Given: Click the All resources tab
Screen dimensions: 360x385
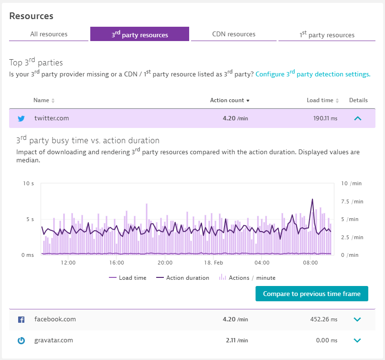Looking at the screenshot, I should click(49, 34).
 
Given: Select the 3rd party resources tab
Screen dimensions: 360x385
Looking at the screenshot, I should click(139, 34).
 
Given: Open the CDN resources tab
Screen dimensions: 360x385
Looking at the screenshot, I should click(234, 34).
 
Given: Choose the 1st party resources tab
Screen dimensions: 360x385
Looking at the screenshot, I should click(327, 34).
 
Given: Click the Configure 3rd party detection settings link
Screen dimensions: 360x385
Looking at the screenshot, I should click(313, 74).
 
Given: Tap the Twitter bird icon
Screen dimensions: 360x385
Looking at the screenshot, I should click(21, 118).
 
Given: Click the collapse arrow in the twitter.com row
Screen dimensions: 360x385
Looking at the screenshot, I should click(357, 118).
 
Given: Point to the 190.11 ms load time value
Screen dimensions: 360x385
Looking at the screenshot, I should click(325, 118).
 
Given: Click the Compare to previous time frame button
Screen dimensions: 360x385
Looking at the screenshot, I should click(311, 294).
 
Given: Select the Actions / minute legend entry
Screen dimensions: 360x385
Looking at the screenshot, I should click(247, 277).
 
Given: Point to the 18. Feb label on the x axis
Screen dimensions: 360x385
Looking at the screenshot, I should click(214, 263).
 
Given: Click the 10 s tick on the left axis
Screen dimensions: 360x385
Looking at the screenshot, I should click(29, 183).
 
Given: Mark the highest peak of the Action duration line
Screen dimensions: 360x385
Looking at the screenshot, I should click(312, 200).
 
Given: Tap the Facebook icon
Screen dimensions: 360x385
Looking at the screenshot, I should click(21, 319).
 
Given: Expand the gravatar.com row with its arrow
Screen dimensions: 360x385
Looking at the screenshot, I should click(357, 340).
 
